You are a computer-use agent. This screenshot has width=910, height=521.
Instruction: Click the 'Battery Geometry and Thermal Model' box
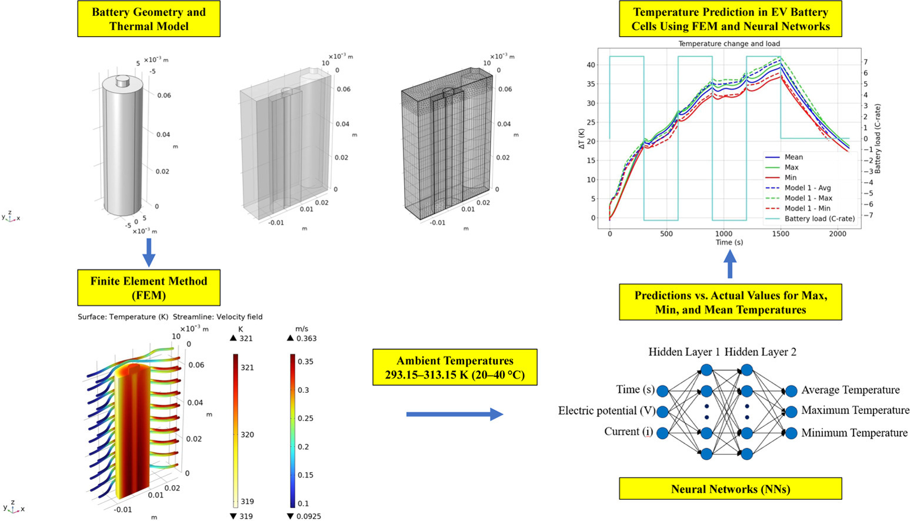(148, 19)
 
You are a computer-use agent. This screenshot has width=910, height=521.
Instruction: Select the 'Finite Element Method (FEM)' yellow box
(148, 288)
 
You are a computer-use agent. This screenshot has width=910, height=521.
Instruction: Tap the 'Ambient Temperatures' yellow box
(455, 368)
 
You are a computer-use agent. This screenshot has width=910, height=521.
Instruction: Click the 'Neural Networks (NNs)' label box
(730, 489)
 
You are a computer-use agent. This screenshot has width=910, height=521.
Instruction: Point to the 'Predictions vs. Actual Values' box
(730, 302)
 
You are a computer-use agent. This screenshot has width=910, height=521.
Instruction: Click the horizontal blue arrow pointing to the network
(454, 415)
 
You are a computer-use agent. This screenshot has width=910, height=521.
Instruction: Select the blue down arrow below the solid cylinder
(149, 252)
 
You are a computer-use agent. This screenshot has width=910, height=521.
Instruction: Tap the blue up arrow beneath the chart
(729, 264)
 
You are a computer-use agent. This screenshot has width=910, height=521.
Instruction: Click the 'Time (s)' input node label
(635, 389)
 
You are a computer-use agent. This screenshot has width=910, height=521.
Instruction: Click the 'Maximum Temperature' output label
(855, 410)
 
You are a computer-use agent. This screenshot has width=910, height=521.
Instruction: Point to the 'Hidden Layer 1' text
(684, 352)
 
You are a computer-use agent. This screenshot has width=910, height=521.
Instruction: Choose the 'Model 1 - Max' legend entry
(808, 198)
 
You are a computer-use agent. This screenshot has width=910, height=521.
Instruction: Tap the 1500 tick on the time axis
(781, 234)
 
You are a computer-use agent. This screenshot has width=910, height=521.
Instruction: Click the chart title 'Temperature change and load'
(729, 44)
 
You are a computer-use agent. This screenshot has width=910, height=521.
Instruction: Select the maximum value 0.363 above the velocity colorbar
(306, 338)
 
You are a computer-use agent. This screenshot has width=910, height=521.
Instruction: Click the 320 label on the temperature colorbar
(247, 435)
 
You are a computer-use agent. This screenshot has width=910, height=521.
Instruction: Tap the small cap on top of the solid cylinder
(123, 81)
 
